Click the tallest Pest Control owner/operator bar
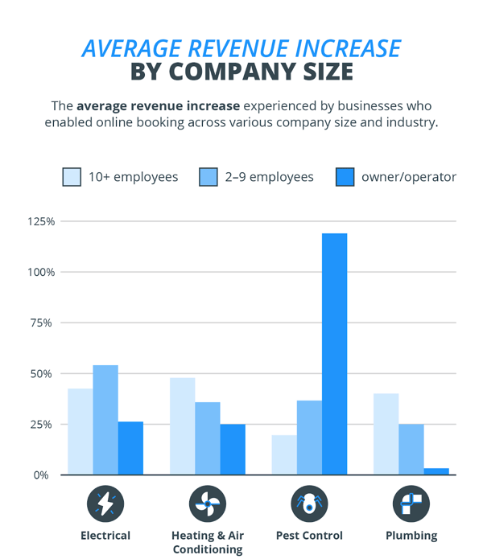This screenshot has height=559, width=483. coord(334,354)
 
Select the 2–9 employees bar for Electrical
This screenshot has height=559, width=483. coord(105,420)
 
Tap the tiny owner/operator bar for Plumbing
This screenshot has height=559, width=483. coord(436,471)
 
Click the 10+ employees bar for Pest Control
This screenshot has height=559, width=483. coord(284,454)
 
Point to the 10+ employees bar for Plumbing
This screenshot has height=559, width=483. coord(386,434)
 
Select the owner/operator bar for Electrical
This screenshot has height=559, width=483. coord(130,448)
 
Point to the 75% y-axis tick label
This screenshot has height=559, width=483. coord(41,323)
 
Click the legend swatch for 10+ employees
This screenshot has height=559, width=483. coord(72,177)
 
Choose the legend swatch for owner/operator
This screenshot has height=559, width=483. coord(345,177)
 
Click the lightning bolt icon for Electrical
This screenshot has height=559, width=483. coord(105,504)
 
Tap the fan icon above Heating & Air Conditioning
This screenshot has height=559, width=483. coord(207,504)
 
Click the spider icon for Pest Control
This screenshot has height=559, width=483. coord(309,504)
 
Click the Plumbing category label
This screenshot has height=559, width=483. coord(411,536)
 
